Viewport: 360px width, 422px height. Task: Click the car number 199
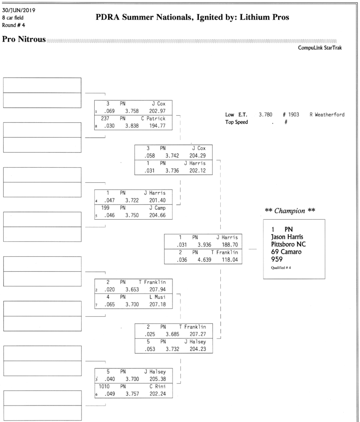[106, 207]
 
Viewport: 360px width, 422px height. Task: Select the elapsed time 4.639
[198, 260]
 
